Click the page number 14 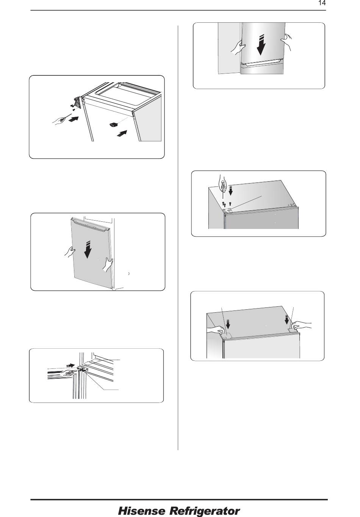click(x=322, y=3)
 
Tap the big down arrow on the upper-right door click(x=260, y=45)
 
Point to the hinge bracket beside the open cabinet click(x=78, y=102)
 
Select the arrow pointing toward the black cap click(x=122, y=133)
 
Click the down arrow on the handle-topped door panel click(x=88, y=249)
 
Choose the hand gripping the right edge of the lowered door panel click(x=107, y=265)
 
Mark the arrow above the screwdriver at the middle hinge click(x=70, y=365)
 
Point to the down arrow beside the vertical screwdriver click(x=230, y=190)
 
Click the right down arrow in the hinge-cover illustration click(x=287, y=320)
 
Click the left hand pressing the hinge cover click(x=216, y=329)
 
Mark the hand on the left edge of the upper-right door click(x=238, y=47)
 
